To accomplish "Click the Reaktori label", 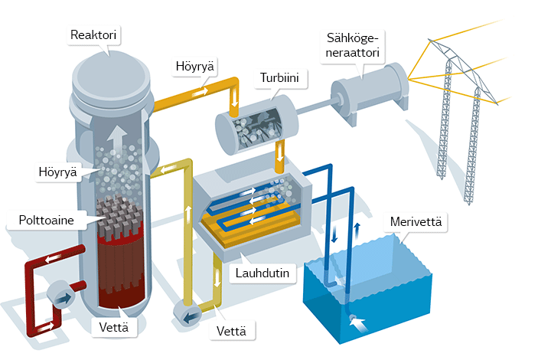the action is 96,36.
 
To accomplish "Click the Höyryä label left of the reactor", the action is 57,171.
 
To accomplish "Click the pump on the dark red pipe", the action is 59,294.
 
